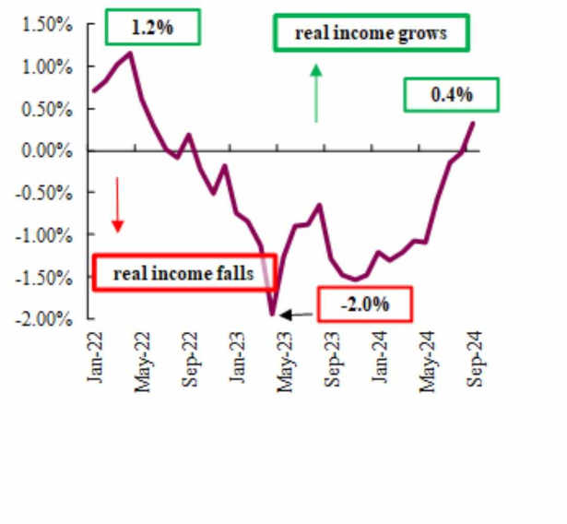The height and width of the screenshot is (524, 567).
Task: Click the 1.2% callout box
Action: [152, 27]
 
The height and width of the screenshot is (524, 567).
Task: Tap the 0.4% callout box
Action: [451, 94]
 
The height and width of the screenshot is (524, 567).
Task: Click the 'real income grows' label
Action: [371, 34]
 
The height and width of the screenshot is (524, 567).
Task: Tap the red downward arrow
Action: [118, 204]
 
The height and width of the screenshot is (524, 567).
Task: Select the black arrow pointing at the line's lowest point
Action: [297, 316]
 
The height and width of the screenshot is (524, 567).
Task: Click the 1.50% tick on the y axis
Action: [47, 25]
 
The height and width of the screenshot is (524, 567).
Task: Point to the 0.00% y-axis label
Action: [47, 150]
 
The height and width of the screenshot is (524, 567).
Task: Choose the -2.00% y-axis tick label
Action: [44, 318]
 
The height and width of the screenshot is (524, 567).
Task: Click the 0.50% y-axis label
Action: [47, 109]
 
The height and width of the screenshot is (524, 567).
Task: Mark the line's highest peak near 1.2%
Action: [131, 53]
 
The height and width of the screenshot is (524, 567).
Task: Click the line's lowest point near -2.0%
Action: [272, 315]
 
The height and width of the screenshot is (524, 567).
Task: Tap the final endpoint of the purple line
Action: [474, 122]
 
